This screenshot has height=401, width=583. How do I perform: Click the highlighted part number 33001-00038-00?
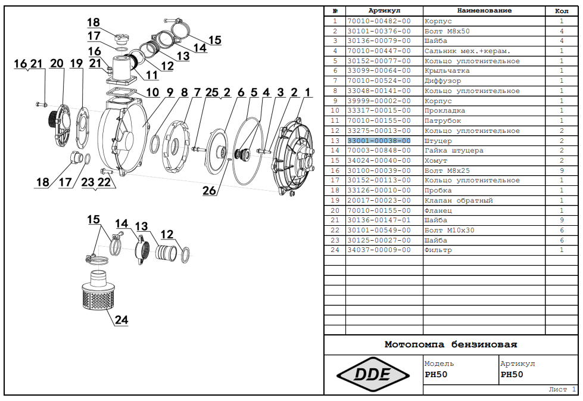tap(379, 141)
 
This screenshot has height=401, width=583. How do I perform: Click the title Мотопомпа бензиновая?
tap(451, 344)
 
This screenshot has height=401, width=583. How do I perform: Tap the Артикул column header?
tap(384, 11)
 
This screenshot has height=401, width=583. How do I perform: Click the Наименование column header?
tap(484, 11)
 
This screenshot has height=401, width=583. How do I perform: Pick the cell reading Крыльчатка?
tap(444, 71)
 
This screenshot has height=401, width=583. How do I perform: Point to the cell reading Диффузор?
tap(442, 81)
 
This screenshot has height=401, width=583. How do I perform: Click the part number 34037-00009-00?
tap(379, 250)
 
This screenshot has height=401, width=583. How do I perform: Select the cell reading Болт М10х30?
tap(450, 230)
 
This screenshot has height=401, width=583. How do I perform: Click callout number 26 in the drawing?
tap(209, 191)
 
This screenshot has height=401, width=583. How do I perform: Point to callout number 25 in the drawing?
tap(211, 92)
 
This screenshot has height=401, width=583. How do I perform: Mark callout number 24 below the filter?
tap(121, 320)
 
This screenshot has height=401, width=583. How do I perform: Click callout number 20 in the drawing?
tap(57, 63)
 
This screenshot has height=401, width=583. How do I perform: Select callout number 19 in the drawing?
tap(76, 63)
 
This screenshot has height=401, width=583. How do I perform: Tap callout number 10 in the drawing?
tap(152, 92)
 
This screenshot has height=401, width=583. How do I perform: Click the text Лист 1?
tap(562, 389)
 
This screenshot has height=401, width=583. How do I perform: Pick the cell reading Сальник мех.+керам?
tap(459, 51)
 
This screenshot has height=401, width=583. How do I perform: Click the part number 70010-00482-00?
tap(379, 21)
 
